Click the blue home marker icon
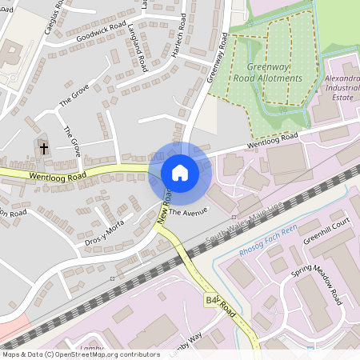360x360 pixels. pyautogui.click(x=180, y=172)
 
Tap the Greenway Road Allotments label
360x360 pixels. pyautogui.click(x=268, y=73)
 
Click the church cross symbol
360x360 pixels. pyautogui.click(x=43, y=147)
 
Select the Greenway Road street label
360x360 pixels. pyautogui.click(x=218, y=58)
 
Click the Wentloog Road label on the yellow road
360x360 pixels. pyautogui.click(x=56, y=175)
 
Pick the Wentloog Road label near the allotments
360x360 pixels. pyautogui.click(x=272, y=142)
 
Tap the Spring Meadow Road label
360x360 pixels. pyautogui.click(x=316, y=282)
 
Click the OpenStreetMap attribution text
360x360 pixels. pyautogui.click(x=81, y=354)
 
